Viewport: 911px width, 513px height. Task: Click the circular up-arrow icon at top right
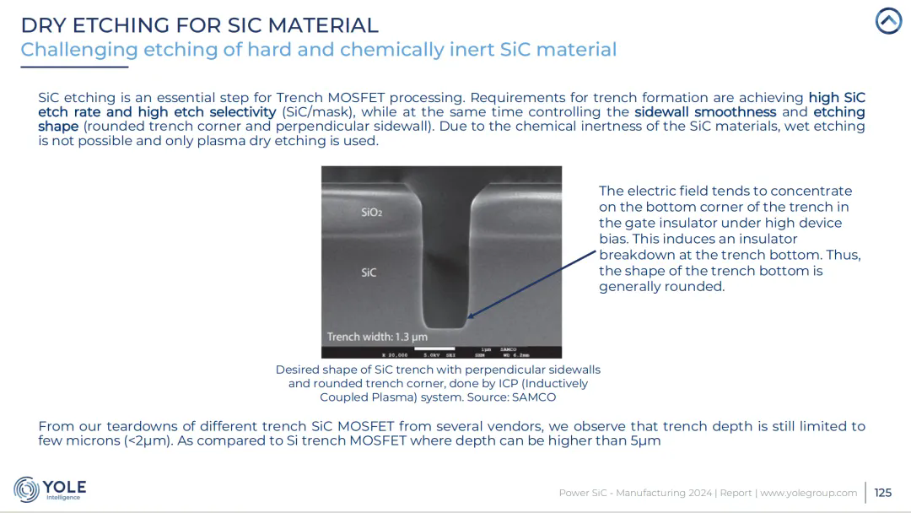point(888,21)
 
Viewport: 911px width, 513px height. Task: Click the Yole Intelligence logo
point(50,489)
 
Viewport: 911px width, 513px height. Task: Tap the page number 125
point(882,493)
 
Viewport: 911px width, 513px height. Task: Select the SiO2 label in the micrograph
point(372,213)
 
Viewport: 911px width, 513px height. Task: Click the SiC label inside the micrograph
point(369,273)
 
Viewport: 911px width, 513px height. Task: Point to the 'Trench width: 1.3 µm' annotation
point(377,337)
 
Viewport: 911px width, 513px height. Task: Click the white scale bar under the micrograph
point(434,349)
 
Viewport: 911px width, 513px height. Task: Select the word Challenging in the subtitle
point(79,50)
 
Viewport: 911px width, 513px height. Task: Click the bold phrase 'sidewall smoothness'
point(704,112)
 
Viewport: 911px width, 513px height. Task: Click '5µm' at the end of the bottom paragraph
point(645,441)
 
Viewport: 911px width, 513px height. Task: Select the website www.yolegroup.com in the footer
point(809,493)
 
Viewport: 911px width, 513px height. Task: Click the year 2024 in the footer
point(700,493)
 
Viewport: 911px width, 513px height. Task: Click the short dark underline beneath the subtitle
point(74,67)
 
